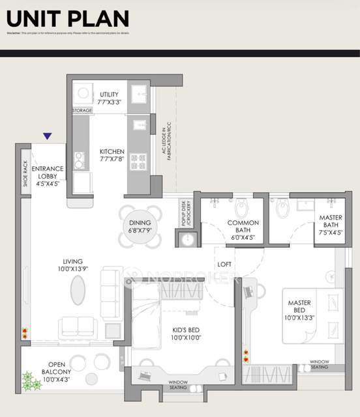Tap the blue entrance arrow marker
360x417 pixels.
click(47, 136)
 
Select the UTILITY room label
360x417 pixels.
click(109, 98)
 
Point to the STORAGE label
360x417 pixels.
click(82, 111)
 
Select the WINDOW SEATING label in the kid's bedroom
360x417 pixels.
click(177, 384)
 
